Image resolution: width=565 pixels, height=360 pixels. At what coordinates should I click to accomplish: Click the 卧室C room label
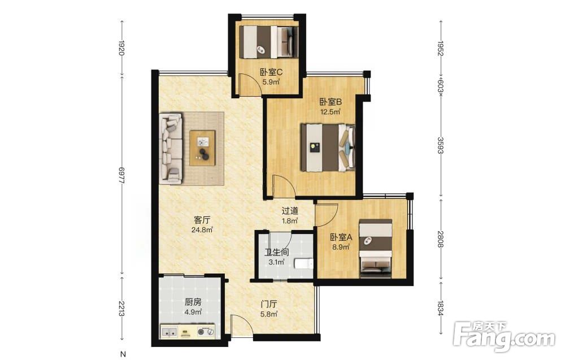point(271,72)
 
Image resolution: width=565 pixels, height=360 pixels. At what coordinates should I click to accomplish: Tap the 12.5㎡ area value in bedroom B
point(331,111)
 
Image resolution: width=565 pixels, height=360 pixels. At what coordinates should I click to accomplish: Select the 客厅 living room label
point(202,219)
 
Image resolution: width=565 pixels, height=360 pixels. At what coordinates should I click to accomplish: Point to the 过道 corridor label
point(290,211)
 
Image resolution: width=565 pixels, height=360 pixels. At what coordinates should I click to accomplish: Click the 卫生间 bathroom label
point(276,252)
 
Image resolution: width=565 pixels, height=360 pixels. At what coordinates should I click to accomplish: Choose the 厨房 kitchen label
point(193,302)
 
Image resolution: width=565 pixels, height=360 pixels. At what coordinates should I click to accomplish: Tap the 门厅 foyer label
point(269,304)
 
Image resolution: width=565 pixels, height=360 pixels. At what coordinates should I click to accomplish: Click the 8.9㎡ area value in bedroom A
point(341,247)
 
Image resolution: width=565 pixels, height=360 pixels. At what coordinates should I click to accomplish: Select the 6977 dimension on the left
point(122,176)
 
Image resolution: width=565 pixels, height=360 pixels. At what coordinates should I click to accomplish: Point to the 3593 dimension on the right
point(440,145)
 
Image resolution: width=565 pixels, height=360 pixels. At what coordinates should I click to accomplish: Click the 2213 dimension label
point(122,309)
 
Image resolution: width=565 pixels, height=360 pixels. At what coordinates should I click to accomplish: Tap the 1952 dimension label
point(440,49)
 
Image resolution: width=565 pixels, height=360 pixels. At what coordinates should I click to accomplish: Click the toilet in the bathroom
point(303,264)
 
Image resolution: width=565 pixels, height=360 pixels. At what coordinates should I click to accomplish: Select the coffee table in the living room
point(202,148)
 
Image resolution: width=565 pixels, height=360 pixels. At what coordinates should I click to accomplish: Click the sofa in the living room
point(171,149)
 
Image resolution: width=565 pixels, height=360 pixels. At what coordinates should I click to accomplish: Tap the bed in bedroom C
point(269,42)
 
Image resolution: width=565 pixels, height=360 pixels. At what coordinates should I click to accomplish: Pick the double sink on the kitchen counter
point(168,332)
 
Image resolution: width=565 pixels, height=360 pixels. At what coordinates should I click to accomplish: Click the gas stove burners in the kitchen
point(206,332)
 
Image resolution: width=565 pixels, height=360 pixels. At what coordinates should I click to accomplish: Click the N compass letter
point(123,354)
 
